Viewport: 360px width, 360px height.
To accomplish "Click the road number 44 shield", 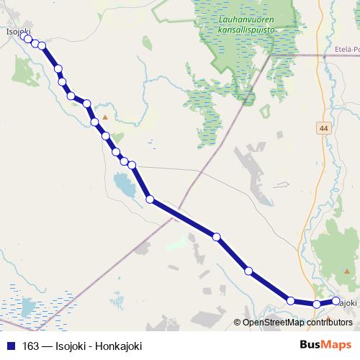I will (x=321, y=127).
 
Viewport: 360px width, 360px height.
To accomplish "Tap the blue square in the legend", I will (x=10, y=346).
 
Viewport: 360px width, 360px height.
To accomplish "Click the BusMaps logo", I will (x=325, y=345).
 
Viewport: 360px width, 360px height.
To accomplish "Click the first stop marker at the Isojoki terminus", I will (x=27, y=39).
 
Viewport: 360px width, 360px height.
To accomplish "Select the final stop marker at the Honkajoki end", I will (x=336, y=301).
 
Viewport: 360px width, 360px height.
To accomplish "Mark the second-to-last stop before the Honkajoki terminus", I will (x=317, y=305).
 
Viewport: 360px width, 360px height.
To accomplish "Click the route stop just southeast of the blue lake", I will (x=150, y=199).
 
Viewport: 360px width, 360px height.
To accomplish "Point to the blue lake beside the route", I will (x=125, y=189).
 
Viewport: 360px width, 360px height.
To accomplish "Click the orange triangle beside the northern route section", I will (x=105, y=116).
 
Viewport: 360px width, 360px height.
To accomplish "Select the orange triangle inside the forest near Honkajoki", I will (x=329, y=317).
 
